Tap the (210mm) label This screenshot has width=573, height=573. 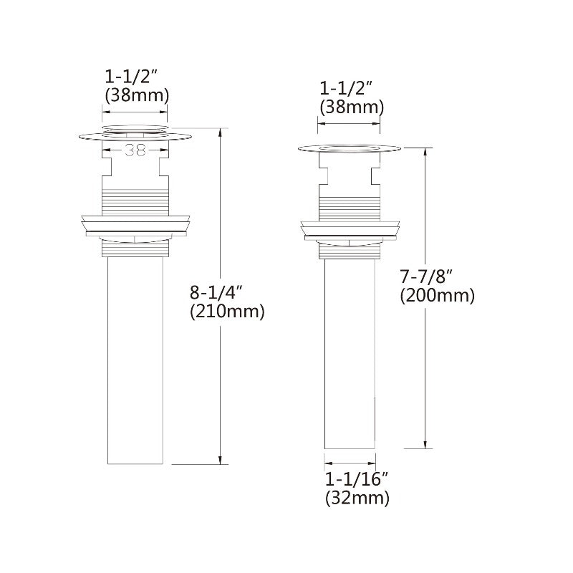[x=227, y=312]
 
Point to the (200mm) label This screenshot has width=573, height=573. [x=437, y=295]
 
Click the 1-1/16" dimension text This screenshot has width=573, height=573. [x=356, y=478]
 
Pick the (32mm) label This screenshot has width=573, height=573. [x=357, y=498]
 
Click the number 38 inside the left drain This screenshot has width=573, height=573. [x=135, y=150]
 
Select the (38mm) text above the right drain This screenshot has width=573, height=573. [x=351, y=107]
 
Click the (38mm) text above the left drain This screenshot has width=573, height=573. [x=136, y=94]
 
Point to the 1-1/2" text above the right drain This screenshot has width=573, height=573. [x=347, y=89]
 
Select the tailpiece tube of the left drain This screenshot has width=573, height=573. [x=136, y=358]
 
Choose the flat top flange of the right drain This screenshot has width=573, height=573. [x=348, y=149]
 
